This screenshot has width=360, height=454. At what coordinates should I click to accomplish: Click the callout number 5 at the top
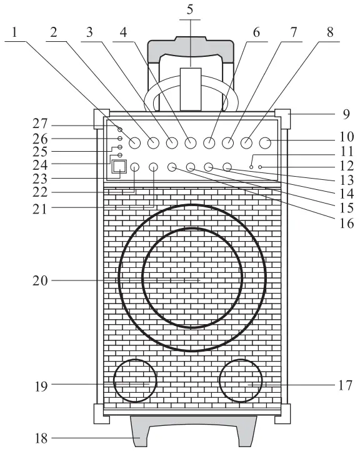click(x=190, y=9)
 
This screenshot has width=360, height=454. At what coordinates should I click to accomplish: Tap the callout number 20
click(x=40, y=280)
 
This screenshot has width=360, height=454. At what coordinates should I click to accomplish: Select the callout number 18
click(x=41, y=438)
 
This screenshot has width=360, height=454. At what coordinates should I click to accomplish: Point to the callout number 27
click(x=40, y=124)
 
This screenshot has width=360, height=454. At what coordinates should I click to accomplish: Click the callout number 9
click(x=346, y=114)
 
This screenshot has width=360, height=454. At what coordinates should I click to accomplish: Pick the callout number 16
click(x=347, y=223)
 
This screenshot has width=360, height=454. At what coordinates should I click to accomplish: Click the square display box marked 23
click(x=119, y=166)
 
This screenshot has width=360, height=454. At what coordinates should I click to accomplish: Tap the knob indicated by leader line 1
click(x=134, y=143)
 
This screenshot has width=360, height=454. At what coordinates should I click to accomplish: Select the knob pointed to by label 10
click(x=265, y=143)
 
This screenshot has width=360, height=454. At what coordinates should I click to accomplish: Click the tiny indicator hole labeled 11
click(x=251, y=167)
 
